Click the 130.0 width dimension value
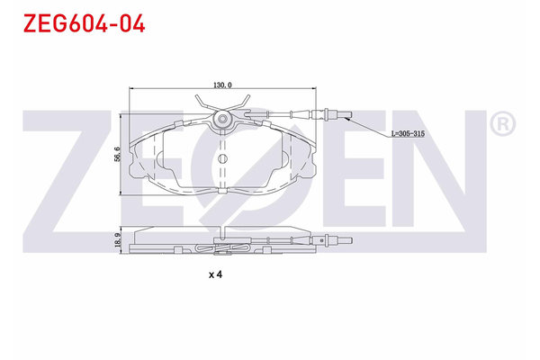pos(221,85)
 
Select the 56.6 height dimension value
pos(117,156)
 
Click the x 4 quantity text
pos(215,274)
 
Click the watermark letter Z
pos(67,171)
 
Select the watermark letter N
pos(432,171)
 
